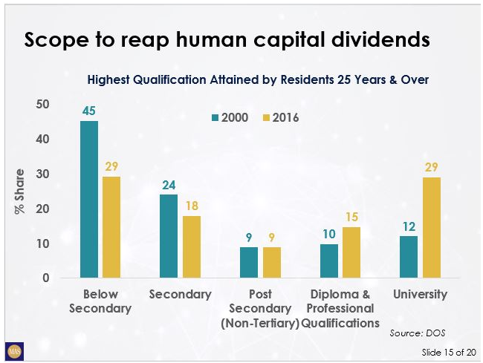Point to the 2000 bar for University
click(409, 257)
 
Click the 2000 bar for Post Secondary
click(249, 263)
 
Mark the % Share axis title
click(20, 192)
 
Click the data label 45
click(89, 111)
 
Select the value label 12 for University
click(409, 226)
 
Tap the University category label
click(420, 295)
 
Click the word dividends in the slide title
click(372, 40)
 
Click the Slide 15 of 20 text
click(444, 350)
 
